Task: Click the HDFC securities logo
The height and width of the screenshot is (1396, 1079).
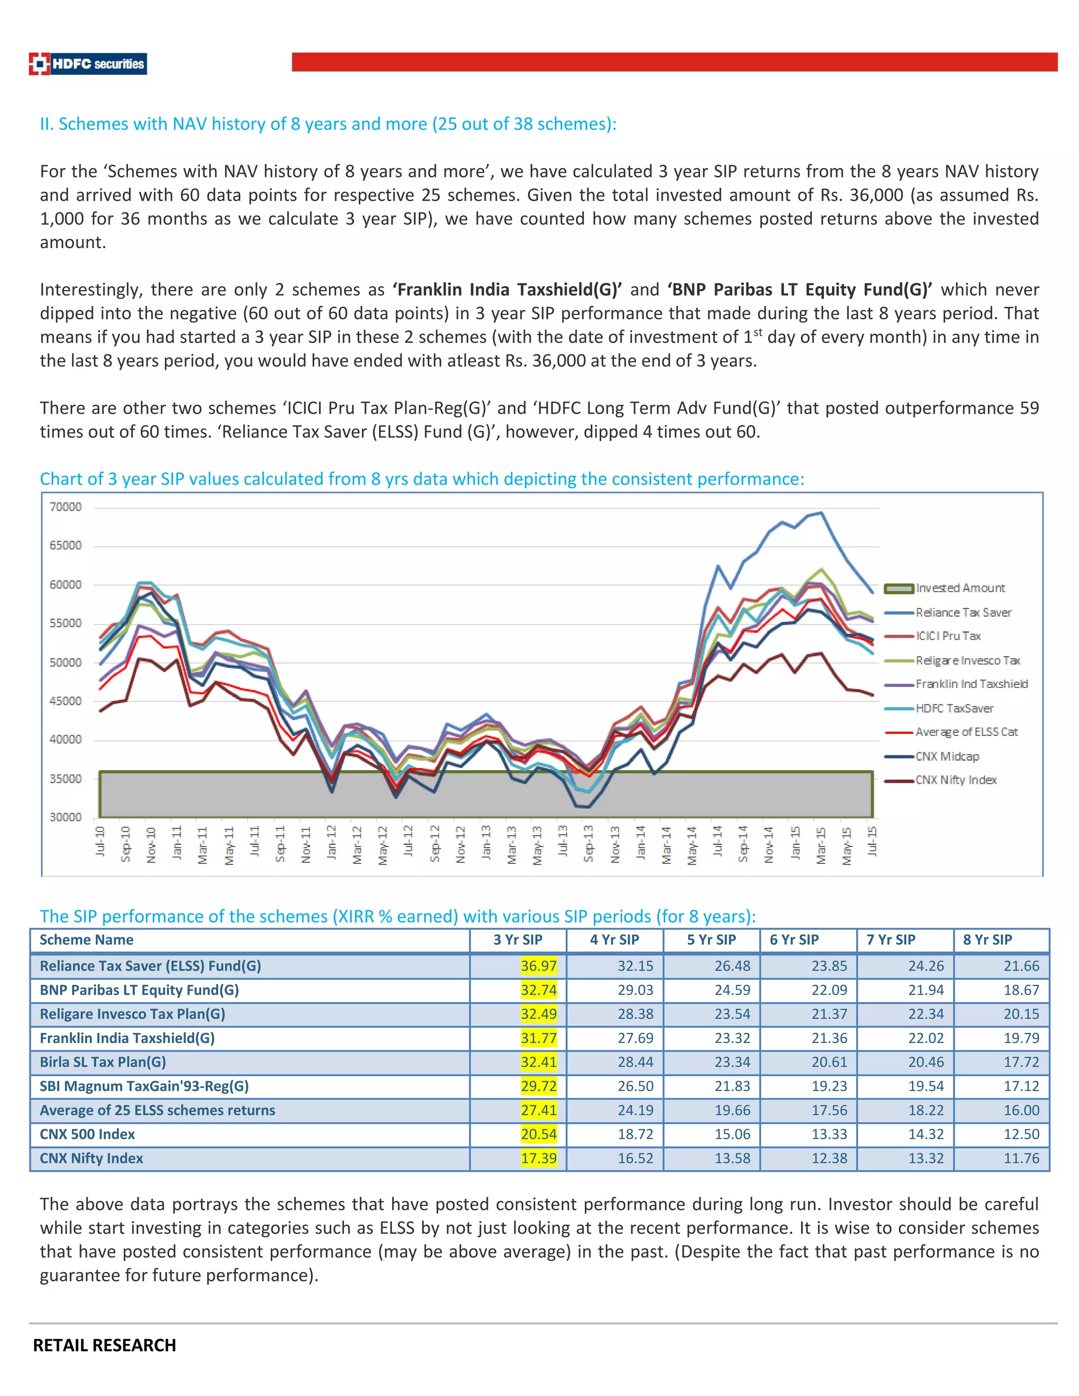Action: tap(88, 64)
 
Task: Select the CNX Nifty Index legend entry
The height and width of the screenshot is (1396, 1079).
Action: tap(955, 780)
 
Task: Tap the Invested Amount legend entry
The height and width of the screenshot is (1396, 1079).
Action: tap(959, 588)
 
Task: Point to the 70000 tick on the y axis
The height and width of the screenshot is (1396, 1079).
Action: tap(65, 507)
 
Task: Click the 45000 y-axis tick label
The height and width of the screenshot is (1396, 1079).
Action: tap(65, 701)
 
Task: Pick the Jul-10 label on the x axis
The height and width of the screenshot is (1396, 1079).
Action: tap(100, 841)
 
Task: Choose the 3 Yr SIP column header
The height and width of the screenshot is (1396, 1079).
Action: tap(518, 940)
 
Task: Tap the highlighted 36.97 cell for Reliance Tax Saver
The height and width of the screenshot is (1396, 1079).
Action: tap(538, 966)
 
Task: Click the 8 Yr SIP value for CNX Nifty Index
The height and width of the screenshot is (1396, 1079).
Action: tap(1021, 1158)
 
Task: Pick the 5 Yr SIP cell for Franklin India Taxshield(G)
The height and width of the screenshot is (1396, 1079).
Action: tap(732, 1038)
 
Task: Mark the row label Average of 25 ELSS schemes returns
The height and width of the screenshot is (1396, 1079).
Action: tap(157, 1110)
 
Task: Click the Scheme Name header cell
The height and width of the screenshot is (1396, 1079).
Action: tap(86, 940)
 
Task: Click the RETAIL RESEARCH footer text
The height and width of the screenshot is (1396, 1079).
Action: tap(104, 1345)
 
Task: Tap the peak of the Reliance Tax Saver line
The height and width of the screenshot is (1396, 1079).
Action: tap(821, 512)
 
